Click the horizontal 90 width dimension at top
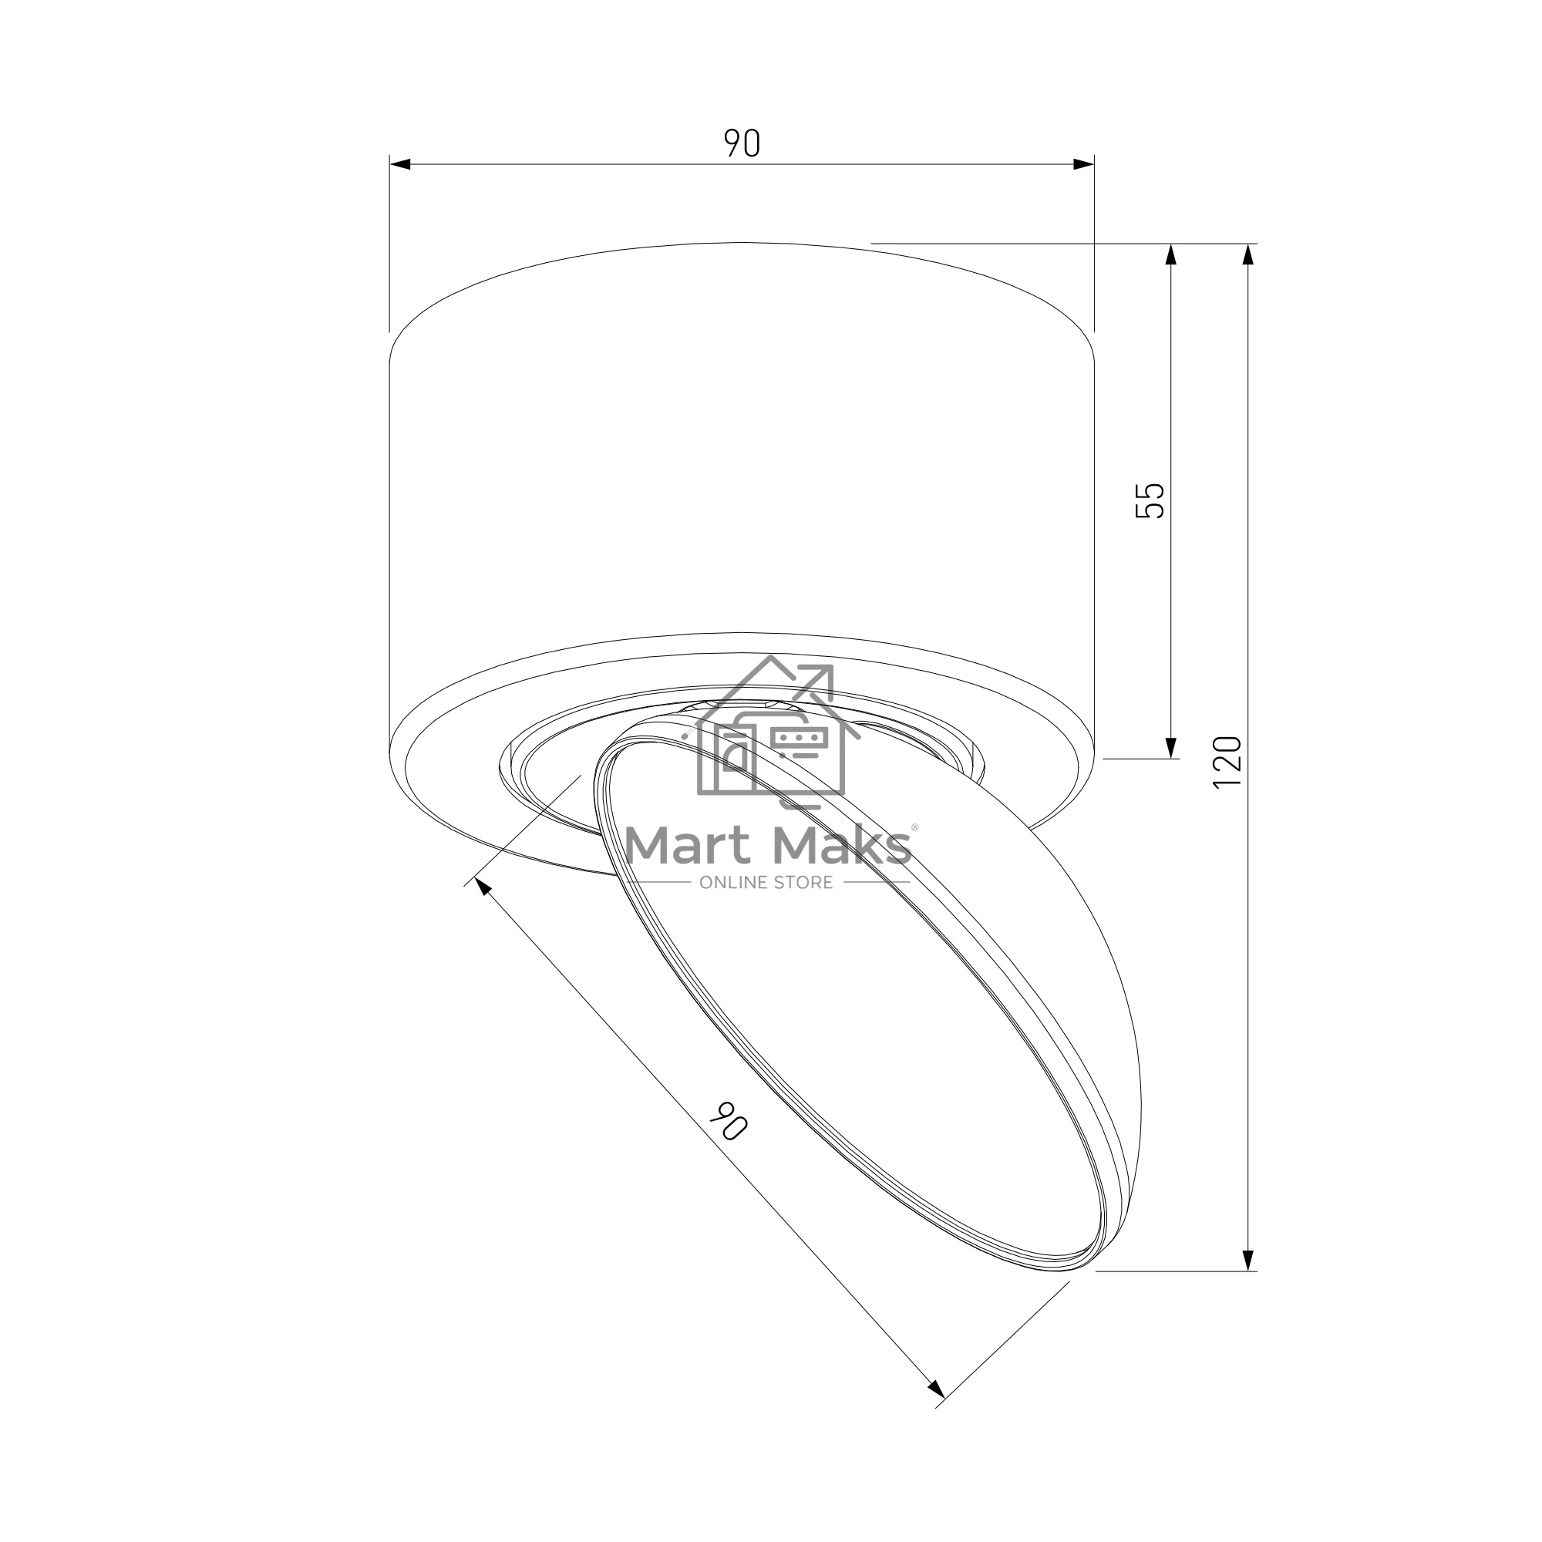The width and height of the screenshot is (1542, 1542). (x=742, y=143)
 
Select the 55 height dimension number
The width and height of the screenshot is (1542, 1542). (x=1150, y=500)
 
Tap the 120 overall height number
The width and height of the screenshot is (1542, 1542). (x=1227, y=763)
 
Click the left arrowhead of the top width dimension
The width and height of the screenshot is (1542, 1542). (x=400, y=164)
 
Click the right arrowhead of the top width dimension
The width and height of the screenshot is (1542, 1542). (x=1084, y=164)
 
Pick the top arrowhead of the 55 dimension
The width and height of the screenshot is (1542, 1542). (x=1171, y=254)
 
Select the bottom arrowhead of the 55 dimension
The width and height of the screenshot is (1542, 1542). (x=1171, y=748)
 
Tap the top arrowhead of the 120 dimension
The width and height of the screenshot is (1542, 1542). (x=1249, y=254)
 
